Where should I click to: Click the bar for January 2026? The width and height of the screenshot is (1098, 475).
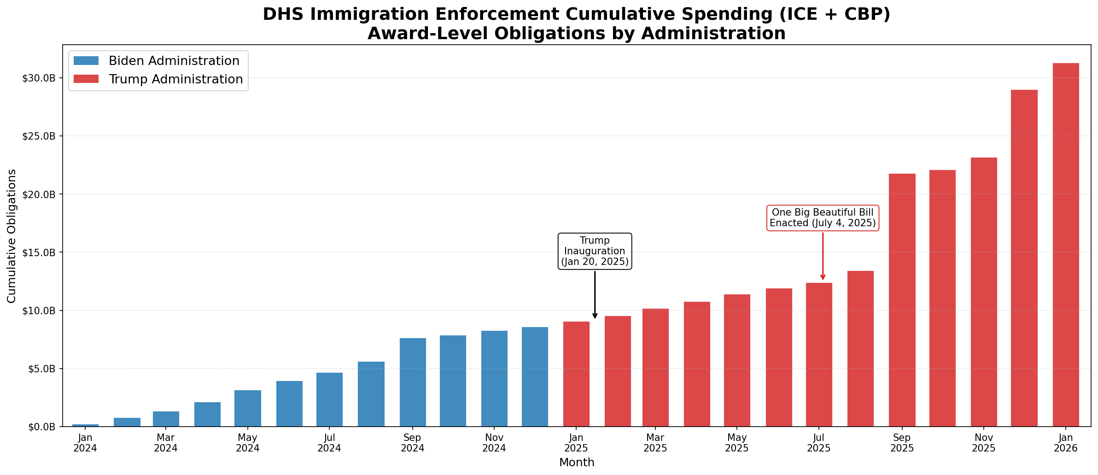tap(1065, 245)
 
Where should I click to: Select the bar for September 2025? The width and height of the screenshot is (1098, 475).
tap(902, 300)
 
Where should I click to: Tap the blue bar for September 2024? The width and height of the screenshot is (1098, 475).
tap(412, 382)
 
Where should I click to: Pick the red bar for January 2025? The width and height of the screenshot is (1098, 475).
tap(576, 374)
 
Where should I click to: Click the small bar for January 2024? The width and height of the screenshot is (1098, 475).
tap(85, 425)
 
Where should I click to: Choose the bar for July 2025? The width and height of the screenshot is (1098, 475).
tap(819, 354)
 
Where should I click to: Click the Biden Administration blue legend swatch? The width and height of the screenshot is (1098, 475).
tap(86, 61)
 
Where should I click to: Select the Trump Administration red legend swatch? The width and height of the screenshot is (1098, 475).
tap(86, 79)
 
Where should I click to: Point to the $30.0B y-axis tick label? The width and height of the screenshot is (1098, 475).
tap(39, 78)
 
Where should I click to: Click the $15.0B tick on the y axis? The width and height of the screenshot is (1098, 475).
tap(39, 252)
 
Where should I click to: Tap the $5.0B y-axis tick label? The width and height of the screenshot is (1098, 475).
tap(41, 369)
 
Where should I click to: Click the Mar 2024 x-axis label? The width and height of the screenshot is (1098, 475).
tap(166, 442)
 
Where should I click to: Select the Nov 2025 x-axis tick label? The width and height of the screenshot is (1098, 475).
tap(984, 442)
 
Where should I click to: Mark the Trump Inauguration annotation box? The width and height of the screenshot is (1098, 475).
tap(595, 251)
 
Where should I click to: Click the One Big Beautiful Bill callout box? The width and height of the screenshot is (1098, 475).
tap(823, 218)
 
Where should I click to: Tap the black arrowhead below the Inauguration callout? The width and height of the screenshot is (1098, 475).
tap(595, 316)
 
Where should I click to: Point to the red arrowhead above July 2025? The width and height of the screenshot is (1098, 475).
tap(823, 277)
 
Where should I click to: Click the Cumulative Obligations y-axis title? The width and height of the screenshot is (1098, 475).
tap(12, 236)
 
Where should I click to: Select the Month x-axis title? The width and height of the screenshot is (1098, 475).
tap(577, 463)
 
